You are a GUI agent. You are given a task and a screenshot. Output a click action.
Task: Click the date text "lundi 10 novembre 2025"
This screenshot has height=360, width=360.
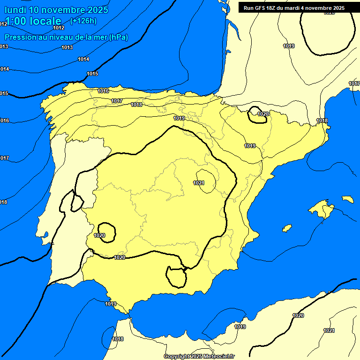pos(56,10)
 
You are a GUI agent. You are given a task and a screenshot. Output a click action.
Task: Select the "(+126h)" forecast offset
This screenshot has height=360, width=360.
pos(83,21)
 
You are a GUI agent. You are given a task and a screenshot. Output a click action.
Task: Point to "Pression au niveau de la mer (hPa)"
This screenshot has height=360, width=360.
pos(66,37)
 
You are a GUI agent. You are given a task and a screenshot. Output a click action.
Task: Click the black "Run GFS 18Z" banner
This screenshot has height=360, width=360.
pos(294,8)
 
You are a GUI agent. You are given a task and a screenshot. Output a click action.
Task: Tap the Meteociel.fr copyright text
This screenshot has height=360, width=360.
pos(199,356)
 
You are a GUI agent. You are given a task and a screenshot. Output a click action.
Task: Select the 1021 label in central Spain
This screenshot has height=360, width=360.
pos(199,183)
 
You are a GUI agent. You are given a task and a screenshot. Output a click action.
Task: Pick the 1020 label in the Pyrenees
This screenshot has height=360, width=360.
pos(263,114)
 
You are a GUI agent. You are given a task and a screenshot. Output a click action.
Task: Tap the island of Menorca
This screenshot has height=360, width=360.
pos(347,199)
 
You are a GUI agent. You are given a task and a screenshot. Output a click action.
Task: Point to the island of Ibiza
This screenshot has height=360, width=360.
pos(286,228)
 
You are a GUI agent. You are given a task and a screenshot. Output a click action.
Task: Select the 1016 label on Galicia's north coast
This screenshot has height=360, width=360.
pos(103,91)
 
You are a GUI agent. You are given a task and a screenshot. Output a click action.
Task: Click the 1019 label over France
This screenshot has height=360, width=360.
pos(289,46)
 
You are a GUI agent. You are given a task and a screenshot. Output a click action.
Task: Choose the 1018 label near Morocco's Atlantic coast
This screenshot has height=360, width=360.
pos(118,339)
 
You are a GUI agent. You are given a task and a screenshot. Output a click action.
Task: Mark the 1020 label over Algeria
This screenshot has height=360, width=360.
pos(298,315)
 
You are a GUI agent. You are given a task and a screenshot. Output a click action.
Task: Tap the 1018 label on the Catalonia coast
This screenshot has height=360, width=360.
pos(322,121)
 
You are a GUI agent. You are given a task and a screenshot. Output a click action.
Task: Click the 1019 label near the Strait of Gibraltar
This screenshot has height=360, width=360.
pos(111,304)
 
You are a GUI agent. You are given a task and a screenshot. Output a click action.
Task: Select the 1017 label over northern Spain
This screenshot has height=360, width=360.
pos(117,101)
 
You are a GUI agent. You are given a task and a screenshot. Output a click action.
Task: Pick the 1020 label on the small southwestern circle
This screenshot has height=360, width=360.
pos(99,235)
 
